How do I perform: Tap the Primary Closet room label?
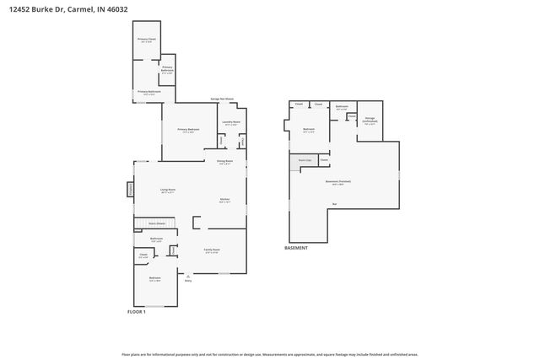pyautogui.click(x=147, y=40)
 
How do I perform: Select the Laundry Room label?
pyautogui.click(x=231, y=123)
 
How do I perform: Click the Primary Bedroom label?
pyautogui.click(x=187, y=130)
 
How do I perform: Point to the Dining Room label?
pyautogui.click(x=224, y=162)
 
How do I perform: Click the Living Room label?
pyautogui.click(x=168, y=191)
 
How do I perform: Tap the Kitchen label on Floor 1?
pyautogui.click(x=225, y=201)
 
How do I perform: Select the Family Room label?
pyautogui.click(x=211, y=250)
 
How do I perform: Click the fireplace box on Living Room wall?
pyautogui.click(x=131, y=191)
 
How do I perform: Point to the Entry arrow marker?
pyautogui.click(x=188, y=279)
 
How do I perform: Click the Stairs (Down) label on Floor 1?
pyautogui.click(x=156, y=223)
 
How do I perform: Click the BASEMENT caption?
pyautogui.click(x=296, y=248)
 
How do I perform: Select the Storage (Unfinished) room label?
pyautogui.click(x=370, y=121)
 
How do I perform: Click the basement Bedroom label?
pyautogui.click(x=308, y=130)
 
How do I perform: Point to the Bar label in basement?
pyautogui.click(x=335, y=204)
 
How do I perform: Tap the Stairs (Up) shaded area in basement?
pyautogui.click(x=303, y=159)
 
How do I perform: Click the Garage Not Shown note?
pyautogui.click(x=222, y=99)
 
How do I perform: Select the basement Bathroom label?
pyautogui.click(x=341, y=107)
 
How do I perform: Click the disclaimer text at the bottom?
pyautogui.click(x=270, y=354)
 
